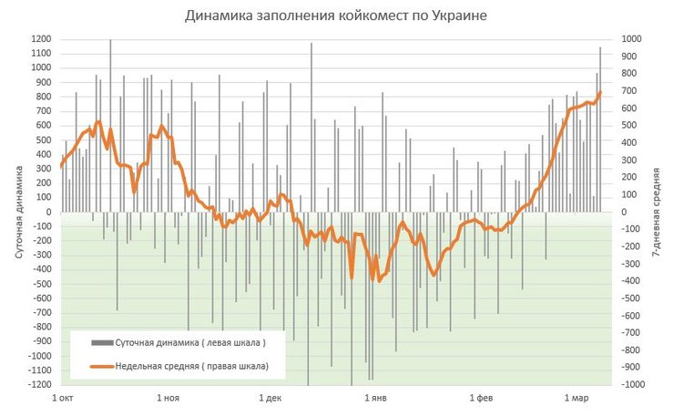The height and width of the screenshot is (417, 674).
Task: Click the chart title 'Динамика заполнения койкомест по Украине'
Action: pyautogui.click(x=336, y=15)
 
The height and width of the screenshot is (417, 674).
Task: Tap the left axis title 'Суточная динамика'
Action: pyautogui.click(x=19, y=212)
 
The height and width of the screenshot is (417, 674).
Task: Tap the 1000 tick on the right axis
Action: pyautogui.click(x=632, y=39)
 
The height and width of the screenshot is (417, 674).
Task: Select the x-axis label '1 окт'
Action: pyautogui.click(x=63, y=399)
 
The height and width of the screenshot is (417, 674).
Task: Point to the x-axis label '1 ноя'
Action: pyautogui.click(x=168, y=399)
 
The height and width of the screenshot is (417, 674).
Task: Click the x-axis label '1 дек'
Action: pyautogui.click(x=271, y=399)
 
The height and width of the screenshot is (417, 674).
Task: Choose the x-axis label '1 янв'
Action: pyautogui.click(x=377, y=399)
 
